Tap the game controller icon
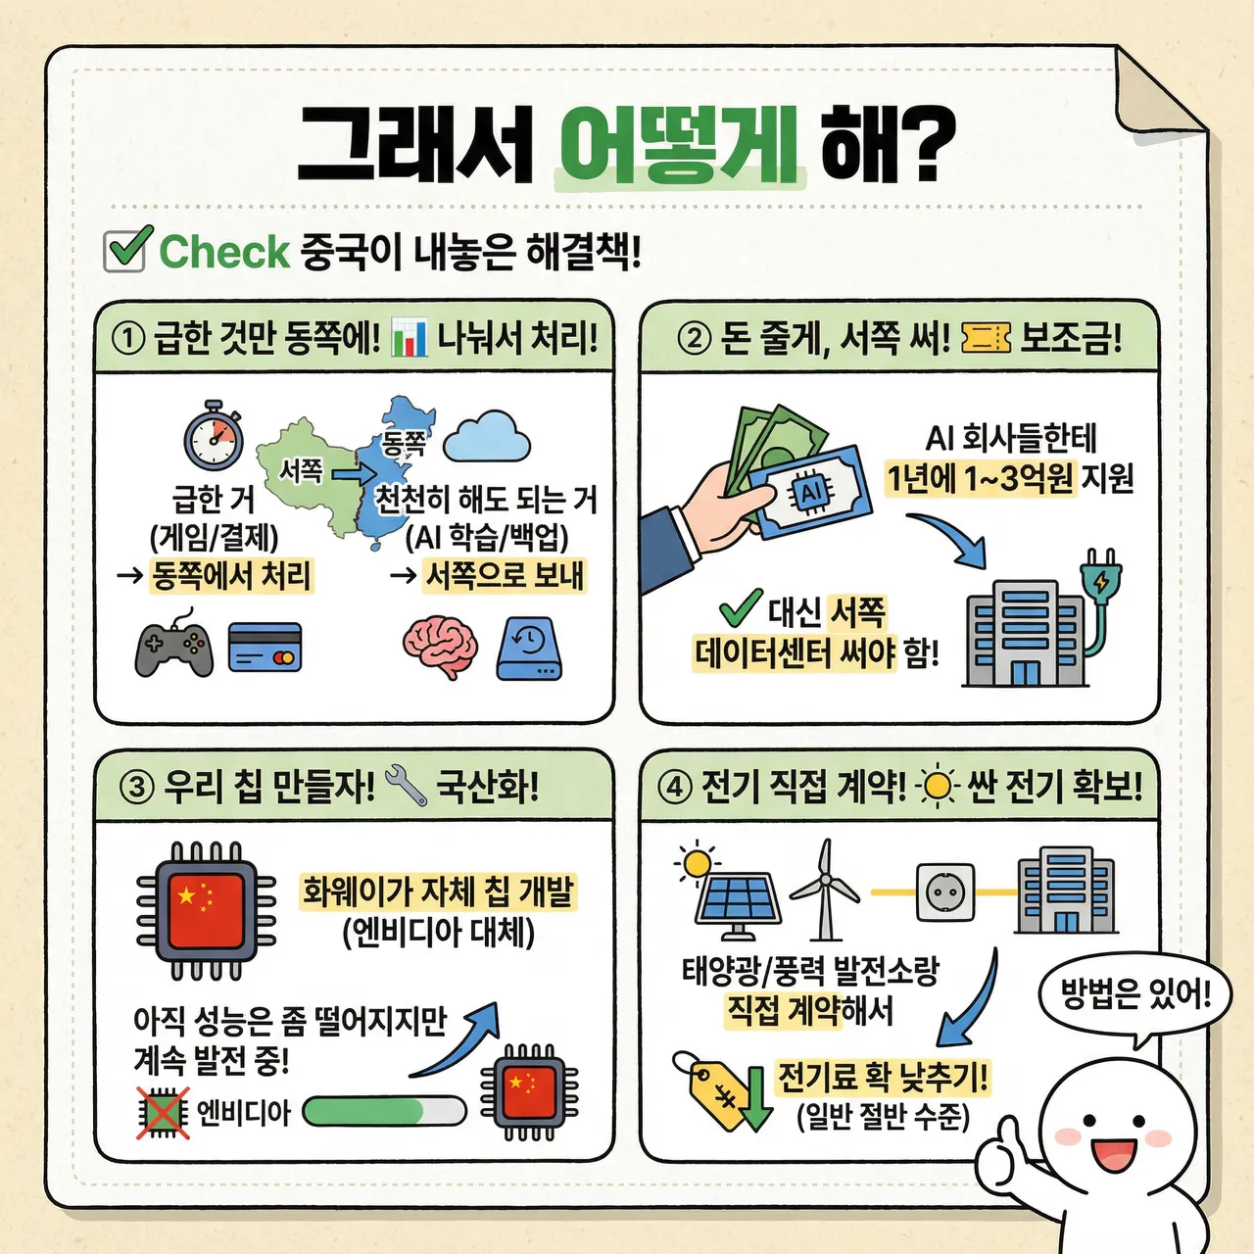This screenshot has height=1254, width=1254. click(174, 646)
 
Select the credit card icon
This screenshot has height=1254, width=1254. click(265, 648)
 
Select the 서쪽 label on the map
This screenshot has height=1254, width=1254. click(301, 471)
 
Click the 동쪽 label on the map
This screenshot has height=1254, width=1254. click(404, 445)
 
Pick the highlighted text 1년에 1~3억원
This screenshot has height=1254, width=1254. click(980, 479)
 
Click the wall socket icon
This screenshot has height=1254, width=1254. click(945, 892)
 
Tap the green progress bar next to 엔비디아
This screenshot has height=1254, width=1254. click(384, 1112)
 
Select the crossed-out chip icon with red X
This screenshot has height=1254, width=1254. click(163, 1113)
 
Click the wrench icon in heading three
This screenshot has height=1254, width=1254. click(406, 786)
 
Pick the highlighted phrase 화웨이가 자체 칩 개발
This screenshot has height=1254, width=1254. click(437, 892)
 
